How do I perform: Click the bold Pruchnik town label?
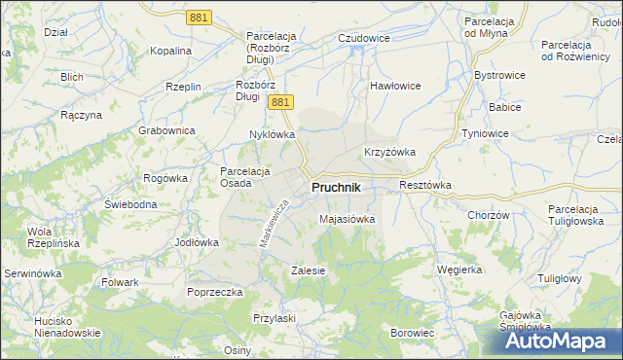click(x=337, y=187)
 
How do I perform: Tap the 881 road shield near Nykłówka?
click(x=280, y=102)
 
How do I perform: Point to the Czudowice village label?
click(x=363, y=38)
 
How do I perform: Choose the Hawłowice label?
click(x=394, y=86)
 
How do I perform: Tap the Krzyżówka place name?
click(x=390, y=152)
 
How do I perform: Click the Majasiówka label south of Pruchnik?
click(x=348, y=219)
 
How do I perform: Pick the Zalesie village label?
click(x=308, y=270)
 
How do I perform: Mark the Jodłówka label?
click(x=195, y=241)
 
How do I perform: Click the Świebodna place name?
click(x=131, y=205)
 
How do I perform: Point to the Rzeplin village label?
click(x=183, y=87)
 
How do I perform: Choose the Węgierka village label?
click(x=460, y=270)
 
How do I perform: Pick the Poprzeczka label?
click(x=215, y=291)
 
